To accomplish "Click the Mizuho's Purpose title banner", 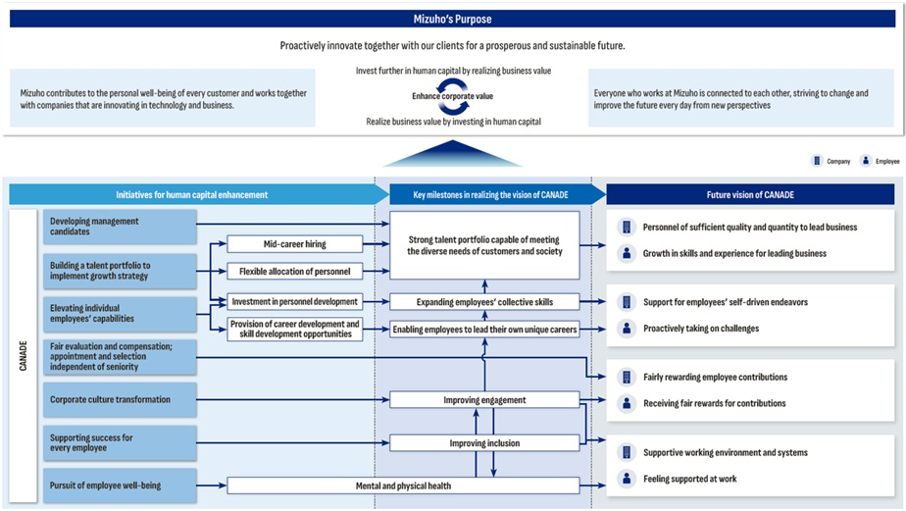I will [x=452, y=19].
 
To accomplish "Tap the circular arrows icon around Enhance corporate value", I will [x=451, y=96].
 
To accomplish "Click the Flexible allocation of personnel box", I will [x=295, y=271].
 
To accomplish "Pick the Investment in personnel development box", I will [x=295, y=301].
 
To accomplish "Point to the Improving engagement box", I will [x=484, y=399].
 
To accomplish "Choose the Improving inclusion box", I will [x=484, y=443].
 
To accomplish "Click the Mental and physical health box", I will [x=403, y=485].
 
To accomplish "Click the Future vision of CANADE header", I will [x=750, y=194].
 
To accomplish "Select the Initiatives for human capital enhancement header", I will [x=191, y=194].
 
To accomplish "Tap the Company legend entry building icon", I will [x=816, y=161].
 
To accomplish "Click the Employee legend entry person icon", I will [x=866, y=161].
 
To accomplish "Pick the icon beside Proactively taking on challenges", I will [x=627, y=329].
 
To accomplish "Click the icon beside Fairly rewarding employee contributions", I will [x=627, y=377].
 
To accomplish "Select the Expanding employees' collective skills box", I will [x=484, y=301].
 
